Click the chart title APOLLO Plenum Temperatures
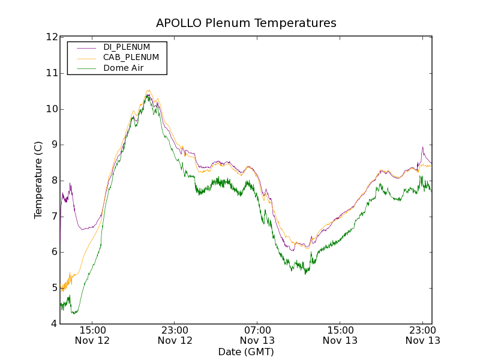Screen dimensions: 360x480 coord(246,23)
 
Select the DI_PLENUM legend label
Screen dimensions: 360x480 coord(127,47)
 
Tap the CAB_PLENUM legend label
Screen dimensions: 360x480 coord(131,58)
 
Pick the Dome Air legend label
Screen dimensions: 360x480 coord(124,68)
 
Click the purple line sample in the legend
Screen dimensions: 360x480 coord(86,47)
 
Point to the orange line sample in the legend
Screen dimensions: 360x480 coord(86,58)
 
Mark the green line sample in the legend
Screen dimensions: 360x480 coord(86,68)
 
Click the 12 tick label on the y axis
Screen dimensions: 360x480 coord(51,37)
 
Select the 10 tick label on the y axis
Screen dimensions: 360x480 coord(51,109)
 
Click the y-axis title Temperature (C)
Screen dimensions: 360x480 coord(38,180)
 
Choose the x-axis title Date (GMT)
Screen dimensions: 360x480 coord(246,352)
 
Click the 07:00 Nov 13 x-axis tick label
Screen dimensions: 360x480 coord(257,335)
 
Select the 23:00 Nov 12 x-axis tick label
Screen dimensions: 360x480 coord(175,335)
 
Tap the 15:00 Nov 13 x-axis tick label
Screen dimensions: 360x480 coord(340,335)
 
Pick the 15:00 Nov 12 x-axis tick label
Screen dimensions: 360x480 coord(92,335)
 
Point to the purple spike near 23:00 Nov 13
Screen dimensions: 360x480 coord(422,147)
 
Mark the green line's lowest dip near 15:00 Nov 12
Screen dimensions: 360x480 coord(74,313)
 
